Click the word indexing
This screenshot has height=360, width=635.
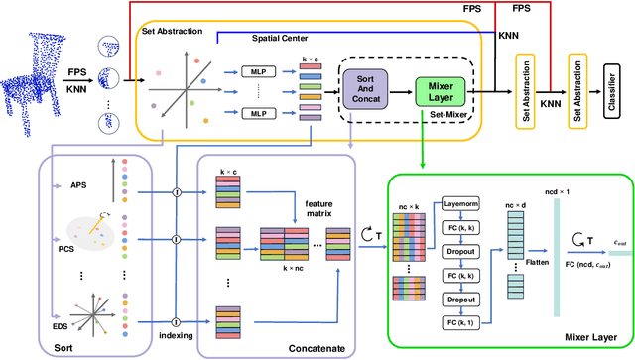(176, 332)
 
